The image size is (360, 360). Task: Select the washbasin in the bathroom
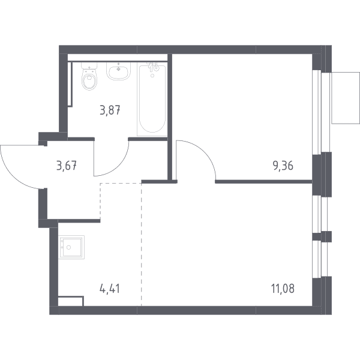tap(118, 71)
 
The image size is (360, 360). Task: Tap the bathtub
tap(152, 99)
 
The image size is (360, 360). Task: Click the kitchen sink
tap(71, 247)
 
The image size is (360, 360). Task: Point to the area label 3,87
tap(110, 110)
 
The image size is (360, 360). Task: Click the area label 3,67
tap(67, 166)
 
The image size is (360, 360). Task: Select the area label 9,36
tap(283, 166)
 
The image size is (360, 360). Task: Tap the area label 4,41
tap(110, 289)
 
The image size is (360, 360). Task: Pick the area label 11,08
tap(283, 289)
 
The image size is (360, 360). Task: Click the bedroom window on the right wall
tap(322, 112)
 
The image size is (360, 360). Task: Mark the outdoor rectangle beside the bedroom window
tap(346, 98)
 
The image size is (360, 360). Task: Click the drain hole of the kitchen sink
tap(68, 247)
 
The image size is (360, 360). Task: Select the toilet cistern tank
tap(89, 66)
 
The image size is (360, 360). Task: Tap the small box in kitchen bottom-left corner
tap(71, 301)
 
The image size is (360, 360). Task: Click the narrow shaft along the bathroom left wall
tap(70, 84)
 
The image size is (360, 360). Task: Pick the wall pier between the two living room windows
tap(322, 236)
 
